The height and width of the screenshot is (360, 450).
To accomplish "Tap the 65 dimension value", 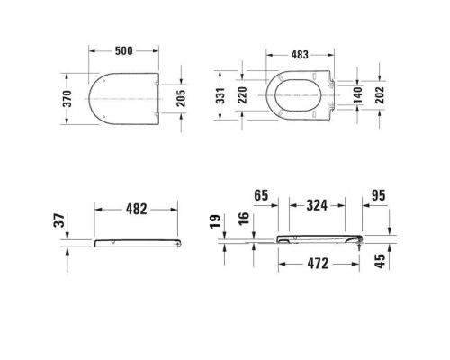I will (x=264, y=193).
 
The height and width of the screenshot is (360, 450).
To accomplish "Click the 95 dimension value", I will (x=380, y=193).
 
